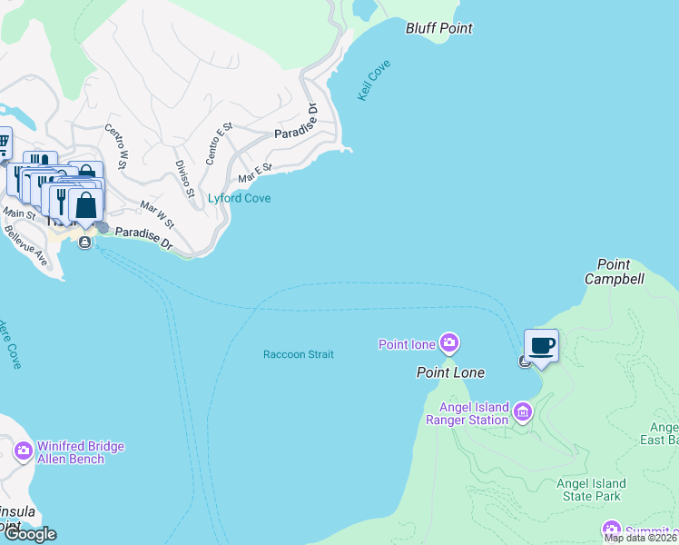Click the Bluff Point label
[x=438, y=28]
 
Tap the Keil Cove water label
[x=374, y=80]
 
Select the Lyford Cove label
[x=240, y=198]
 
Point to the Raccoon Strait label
[x=299, y=354]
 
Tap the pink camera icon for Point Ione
[x=448, y=343]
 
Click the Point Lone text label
[x=450, y=372]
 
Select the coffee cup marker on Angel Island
[x=542, y=345]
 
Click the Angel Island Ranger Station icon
[x=522, y=413]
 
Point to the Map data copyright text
[x=640, y=538]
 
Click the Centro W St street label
[x=115, y=145]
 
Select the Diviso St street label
[x=185, y=179]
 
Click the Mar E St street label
[x=255, y=172]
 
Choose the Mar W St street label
[x=156, y=214]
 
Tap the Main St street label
[x=18, y=213]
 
